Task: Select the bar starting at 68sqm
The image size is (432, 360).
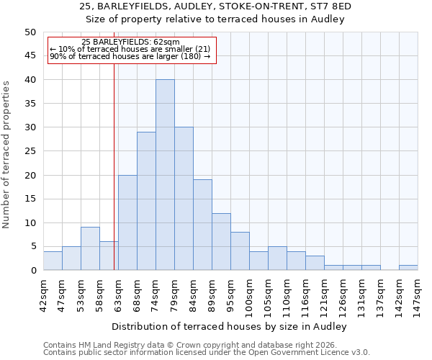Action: click(x=146, y=201)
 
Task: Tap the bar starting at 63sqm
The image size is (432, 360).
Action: click(x=127, y=222)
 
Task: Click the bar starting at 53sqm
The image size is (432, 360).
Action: click(x=90, y=248)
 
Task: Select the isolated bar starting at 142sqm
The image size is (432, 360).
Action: click(x=408, y=268)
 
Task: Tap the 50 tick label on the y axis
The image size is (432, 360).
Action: click(x=30, y=32)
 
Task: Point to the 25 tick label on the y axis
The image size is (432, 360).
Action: click(x=30, y=151)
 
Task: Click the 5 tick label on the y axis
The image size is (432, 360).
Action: click(x=32, y=247)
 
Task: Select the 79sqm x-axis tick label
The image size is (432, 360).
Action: click(x=175, y=294)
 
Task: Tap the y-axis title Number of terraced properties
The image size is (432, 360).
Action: click(x=6, y=154)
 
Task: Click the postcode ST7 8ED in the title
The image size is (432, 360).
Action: click(x=330, y=6)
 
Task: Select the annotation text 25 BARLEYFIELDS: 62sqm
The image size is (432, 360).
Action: click(x=130, y=42)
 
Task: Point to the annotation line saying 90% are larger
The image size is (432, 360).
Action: click(x=130, y=56)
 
